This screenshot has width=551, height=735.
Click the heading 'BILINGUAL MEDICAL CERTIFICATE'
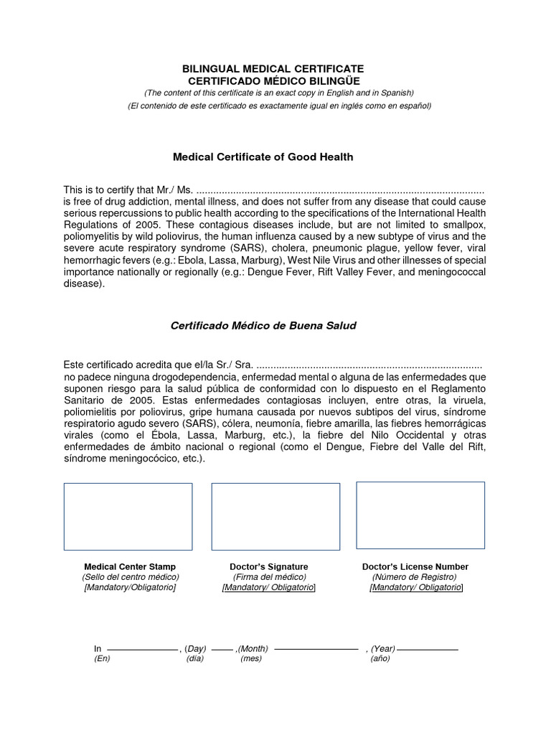(273, 68)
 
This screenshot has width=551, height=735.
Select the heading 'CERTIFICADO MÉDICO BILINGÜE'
(273, 80)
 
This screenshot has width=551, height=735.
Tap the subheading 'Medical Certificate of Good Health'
(263, 156)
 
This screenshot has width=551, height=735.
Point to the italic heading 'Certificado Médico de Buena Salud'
(263, 325)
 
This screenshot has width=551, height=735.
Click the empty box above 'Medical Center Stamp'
(128, 517)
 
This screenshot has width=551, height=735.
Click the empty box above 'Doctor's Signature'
(275, 517)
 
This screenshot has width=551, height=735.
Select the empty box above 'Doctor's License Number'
(420, 515)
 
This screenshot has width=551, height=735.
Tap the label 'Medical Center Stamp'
(130, 567)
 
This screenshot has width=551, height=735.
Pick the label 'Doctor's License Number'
(415, 567)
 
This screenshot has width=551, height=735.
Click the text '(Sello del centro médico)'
(130, 577)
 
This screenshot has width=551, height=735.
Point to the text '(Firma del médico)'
(269, 577)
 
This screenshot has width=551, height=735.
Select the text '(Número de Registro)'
(414, 577)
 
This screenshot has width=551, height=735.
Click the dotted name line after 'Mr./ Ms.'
(339, 192)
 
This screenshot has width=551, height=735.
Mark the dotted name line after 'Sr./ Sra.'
(369, 366)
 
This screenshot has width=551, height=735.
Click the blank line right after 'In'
(141, 649)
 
